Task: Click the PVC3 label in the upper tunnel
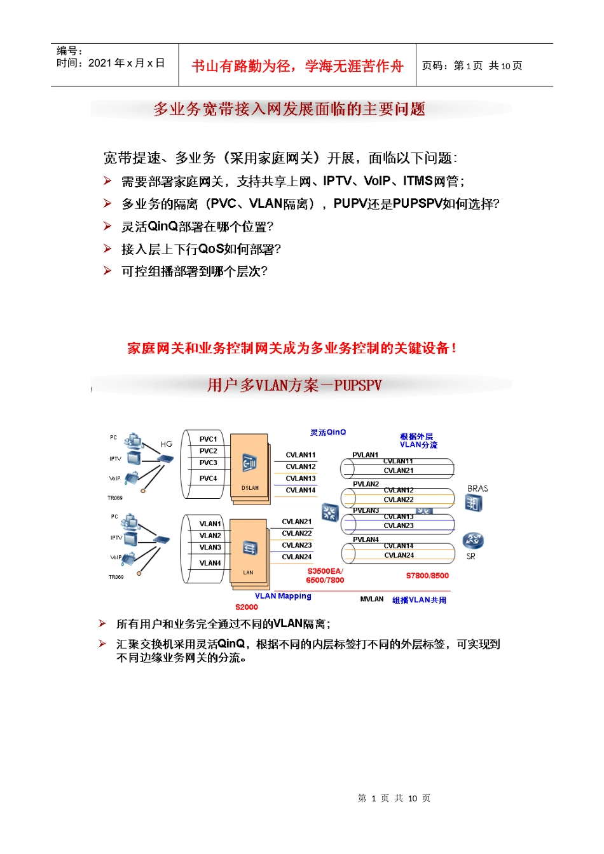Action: click(x=208, y=463)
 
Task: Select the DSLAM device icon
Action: click(x=250, y=464)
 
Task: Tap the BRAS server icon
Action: click(x=474, y=503)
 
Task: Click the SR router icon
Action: click(x=473, y=541)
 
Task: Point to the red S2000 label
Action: click(x=247, y=607)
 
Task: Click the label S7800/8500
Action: click(x=427, y=576)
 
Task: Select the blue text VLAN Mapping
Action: click(x=283, y=596)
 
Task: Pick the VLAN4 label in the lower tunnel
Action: click(x=210, y=563)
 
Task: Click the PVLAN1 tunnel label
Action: click(x=365, y=455)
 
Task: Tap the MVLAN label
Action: click(x=372, y=599)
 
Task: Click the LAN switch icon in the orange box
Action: click(x=250, y=548)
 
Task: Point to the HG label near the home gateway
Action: click(x=167, y=444)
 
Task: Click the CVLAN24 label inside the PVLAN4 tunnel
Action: click(x=399, y=555)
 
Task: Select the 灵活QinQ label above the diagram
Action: click(x=328, y=433)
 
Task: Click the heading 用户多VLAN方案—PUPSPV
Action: click(x=294, y=385)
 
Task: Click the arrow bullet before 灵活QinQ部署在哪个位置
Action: click(x=107, y=226)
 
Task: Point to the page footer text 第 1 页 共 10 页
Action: click(x=394, y=798)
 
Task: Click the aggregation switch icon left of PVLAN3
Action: click(x=330, y=512)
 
